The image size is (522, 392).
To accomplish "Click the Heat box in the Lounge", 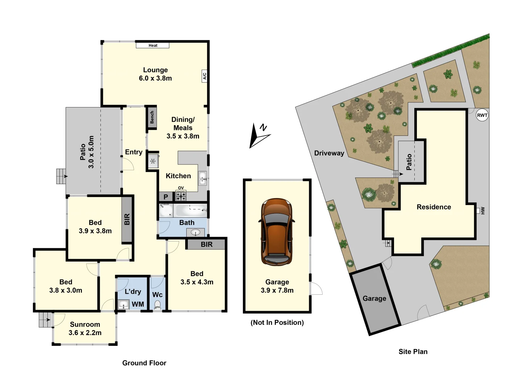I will (153, 45).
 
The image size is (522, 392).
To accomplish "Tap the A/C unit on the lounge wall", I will (204, 76).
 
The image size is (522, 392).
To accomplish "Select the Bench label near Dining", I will (152, 117).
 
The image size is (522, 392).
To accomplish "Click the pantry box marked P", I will (166, 197).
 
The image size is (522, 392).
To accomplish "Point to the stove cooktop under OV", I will (181, 196).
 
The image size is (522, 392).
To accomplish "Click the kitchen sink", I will (202, 178).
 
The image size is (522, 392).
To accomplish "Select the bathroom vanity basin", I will (195, 232).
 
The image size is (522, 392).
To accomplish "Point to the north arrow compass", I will (259, 136).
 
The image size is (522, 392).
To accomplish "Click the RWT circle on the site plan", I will (482, 115).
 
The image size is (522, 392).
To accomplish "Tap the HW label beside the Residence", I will (482, 211).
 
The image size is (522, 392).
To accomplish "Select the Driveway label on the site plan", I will (329, 153).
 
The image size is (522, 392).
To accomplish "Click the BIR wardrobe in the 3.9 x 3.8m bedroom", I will (127, 219).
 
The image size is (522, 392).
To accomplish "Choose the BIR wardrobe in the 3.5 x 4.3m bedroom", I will (206, 244).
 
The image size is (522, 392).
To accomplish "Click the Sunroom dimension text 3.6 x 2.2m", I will (85, 333).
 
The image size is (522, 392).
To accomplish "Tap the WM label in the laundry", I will (138, 304).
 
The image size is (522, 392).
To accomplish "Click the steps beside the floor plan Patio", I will (61, 176).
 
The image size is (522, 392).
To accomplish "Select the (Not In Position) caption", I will (277, 322).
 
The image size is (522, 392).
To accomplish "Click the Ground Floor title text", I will (144, 363).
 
